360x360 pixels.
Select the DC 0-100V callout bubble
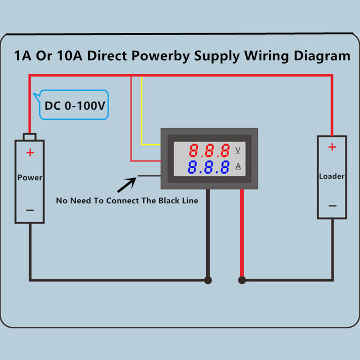coord(75,105)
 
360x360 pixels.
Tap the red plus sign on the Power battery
coord(30,153)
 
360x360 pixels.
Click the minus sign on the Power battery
coord(30,210)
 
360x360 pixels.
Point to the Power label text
coord(30,177)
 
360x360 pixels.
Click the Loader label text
coord(332,176)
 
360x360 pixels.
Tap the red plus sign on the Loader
coord(332,147)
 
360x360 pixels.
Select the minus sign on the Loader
coord(332,206)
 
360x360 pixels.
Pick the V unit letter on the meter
coord(238,149)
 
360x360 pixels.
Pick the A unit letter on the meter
coord(238,166)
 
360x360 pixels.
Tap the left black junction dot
coord(208,280)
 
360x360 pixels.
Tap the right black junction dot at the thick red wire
coord(242,280)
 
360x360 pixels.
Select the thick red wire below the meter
coord(242,234)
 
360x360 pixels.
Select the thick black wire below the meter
coord(208,234)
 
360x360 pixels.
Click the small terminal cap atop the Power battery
coord(30,136)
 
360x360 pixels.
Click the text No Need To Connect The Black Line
coord(127,201)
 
